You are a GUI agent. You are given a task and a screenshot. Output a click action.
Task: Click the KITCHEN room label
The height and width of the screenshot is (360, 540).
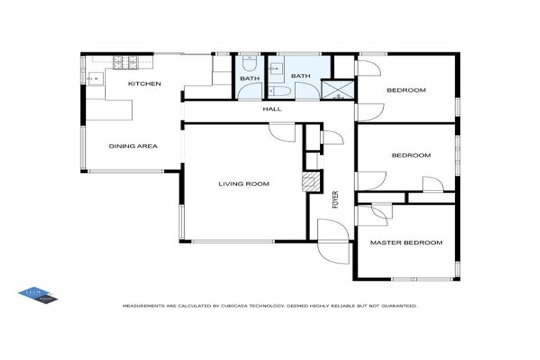click(144, 84)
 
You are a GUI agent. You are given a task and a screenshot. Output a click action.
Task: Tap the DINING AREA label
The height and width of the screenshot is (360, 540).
click(133, 146)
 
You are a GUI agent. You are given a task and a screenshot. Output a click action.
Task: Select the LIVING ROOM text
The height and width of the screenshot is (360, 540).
click(243, 184)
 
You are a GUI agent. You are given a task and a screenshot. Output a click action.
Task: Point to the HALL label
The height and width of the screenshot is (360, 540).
click(271, 109)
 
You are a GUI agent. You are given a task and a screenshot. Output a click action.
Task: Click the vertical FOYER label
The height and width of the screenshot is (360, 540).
click(335, 200)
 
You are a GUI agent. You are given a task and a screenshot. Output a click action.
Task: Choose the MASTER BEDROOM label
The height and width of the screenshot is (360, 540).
click(406, 243)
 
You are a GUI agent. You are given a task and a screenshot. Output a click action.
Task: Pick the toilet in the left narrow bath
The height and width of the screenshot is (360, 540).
click(250, 91)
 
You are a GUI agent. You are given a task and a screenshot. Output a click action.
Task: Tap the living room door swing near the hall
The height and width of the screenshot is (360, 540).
click(283, 133)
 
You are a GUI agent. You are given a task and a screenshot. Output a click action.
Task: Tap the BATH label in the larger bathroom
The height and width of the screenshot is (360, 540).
click(301, 76)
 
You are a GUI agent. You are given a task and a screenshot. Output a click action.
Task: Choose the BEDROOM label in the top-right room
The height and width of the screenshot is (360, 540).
click(406, 90)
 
